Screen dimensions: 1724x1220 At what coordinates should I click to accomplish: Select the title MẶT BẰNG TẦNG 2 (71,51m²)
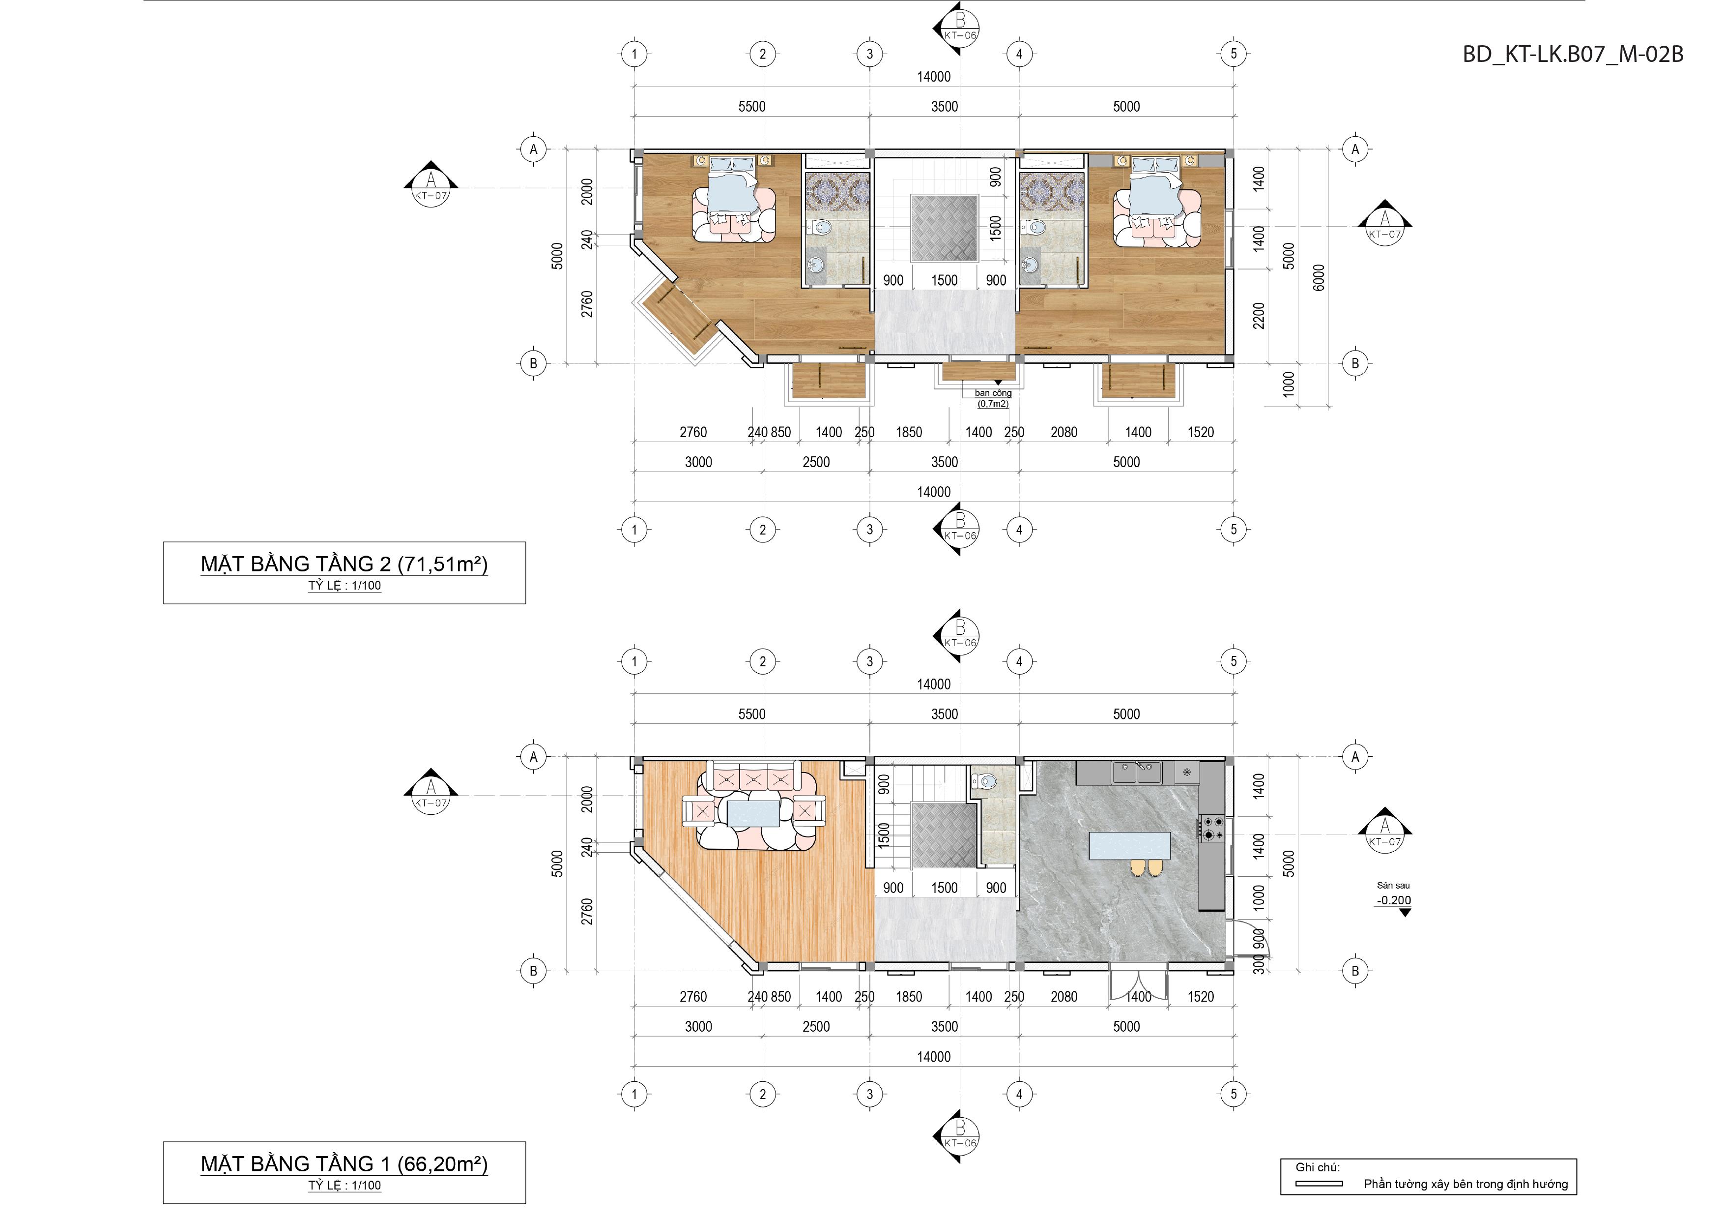click(344, 564)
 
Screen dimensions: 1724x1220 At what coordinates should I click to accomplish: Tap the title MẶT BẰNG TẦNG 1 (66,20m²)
click(344, 1164)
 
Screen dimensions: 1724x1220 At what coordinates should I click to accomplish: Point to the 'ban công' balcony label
click(993, 393)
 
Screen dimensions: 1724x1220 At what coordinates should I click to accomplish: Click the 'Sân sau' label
click(1393, 886)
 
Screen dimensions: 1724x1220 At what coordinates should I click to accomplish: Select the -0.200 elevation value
click(1394, 900)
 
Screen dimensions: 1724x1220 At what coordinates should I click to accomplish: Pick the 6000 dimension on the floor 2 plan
click(1319, 278)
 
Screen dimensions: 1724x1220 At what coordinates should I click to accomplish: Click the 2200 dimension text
click(1259, 316)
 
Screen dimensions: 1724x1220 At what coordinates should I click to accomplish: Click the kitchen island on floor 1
click(1130, 845)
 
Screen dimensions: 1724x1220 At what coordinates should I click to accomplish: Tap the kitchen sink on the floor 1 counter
click(1137, 772)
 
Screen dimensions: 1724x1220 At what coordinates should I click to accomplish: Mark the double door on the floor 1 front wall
click(1138, 985)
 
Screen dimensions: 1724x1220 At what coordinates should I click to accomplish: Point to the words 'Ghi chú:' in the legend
click(1317, 1167)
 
